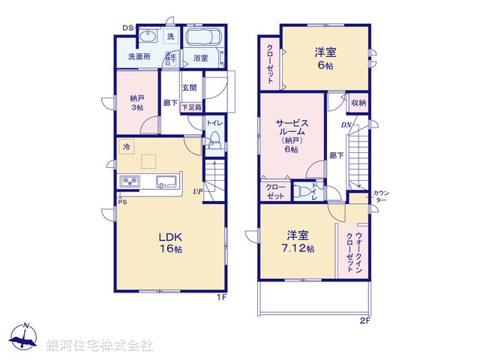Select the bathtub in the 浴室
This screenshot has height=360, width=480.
(x=200, y=40)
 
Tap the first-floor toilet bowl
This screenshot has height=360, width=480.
(x=213, y=138)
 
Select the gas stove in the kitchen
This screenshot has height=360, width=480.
(x=129, y=182)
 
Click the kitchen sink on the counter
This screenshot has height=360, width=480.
(x=166, y=182)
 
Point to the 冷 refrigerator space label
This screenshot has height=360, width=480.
(x=127, y=147)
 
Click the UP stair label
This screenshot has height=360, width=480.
(x=197, y=192)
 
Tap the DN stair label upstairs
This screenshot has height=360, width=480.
(x=346, y=125)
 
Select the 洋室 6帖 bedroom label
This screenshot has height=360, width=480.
(x=325, y=58)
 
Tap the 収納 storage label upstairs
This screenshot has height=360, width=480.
(x=358, y=103)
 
